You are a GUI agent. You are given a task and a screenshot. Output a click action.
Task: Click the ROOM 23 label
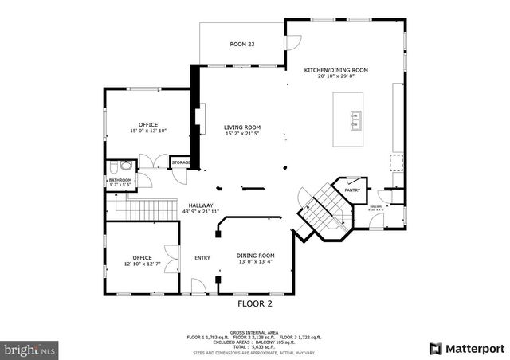[x=241, y=44]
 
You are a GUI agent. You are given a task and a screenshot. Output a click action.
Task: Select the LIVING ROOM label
[x=242, y=127]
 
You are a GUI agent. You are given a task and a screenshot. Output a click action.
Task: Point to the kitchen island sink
[x=355, y=120]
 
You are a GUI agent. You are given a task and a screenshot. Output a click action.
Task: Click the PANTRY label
[x=352, y=190]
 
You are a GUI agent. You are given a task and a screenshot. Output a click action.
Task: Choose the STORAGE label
[x=181, y=163]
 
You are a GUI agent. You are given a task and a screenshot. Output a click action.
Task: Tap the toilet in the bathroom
[x=117, y=167]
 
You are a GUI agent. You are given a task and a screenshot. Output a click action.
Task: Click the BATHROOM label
[x=120, y=180]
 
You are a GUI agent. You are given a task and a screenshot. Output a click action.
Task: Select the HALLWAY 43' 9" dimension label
[x=201, y=212]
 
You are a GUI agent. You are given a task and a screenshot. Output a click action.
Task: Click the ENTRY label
[x=202, y=257]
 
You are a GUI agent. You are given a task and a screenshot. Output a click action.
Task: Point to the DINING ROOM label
[x=256, y=256]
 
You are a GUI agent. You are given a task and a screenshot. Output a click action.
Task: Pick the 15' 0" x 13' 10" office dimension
[x=148, y=131]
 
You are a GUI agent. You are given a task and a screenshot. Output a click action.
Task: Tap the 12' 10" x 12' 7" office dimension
[x=142, y=264]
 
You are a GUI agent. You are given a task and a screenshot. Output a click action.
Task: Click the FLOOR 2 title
[x=255, y=303]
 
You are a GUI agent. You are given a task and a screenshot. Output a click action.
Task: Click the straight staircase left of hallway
[x=148, y=209]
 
